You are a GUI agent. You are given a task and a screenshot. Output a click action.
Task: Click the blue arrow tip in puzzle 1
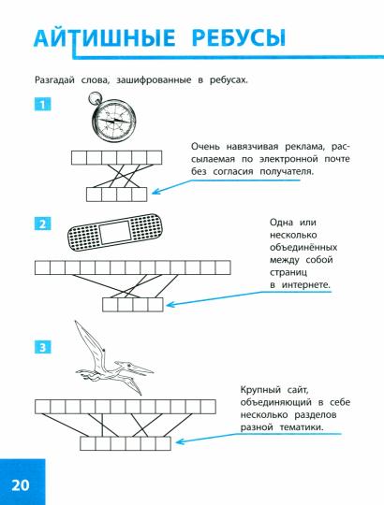[x=155, y=195]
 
